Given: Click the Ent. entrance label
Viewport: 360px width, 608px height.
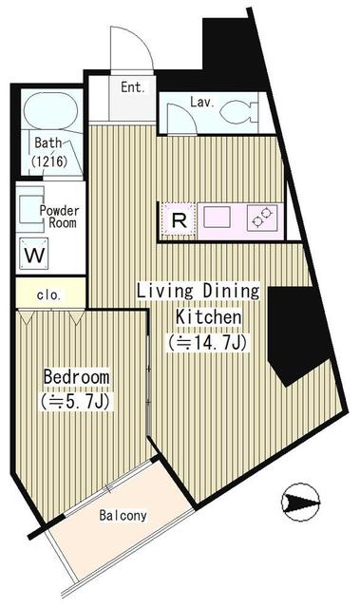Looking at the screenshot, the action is [x=133, y=87].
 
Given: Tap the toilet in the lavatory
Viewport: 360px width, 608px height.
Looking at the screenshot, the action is [x=238, y=111].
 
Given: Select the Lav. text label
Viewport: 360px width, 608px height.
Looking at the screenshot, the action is [x=202, y=103].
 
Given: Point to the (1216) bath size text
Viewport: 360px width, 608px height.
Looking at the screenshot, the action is [x=49, y=161].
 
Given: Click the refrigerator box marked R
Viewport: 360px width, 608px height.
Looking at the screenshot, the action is [x=179, y=219].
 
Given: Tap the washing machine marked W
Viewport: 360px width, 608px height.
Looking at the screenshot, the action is [x=34, y=254].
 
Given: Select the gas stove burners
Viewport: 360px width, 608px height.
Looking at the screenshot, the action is [x=262, y=218].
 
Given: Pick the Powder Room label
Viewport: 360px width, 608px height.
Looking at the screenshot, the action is [x=59, y=217].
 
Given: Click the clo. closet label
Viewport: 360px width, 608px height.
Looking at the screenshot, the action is [x=48, y=295].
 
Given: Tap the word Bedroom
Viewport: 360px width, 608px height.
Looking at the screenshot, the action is [x=76, y=377].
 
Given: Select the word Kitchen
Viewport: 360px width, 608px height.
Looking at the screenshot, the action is [x=208, y=316].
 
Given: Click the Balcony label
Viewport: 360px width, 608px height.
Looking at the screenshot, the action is [x=123, y=515].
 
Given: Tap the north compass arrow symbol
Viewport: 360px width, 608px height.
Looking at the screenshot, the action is [x=301, y=503].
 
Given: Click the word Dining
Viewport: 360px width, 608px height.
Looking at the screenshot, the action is [x=232, y=292].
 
